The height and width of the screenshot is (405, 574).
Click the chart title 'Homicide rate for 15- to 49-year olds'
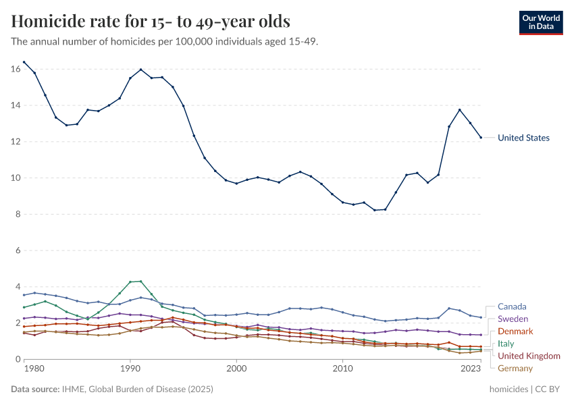[x=151, y=21]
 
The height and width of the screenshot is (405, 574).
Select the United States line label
[x=523, y=138]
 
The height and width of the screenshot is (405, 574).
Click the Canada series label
[x=512, y=306]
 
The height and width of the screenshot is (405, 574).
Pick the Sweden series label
[x=513, y=319]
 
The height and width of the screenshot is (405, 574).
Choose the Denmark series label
[x=515, y=331]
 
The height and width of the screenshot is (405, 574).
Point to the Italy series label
[x=506, y=344]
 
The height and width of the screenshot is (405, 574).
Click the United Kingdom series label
[x=529, y=356]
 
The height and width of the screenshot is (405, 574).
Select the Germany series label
[x=515, y=368]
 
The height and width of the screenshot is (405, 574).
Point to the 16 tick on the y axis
[x=16, y=69]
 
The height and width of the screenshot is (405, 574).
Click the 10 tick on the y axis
[x=16, y=178]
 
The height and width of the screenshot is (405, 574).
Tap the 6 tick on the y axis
[x=18, y=250]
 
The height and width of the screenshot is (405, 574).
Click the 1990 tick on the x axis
[x=130, y=369]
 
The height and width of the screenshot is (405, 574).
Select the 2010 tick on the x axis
[x=343, y=369]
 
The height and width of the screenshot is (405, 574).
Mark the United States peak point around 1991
[x=140, y=70]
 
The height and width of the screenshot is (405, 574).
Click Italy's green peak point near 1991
[x=140, y=281]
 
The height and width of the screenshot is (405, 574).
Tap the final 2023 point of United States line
[x=481, y=138]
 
